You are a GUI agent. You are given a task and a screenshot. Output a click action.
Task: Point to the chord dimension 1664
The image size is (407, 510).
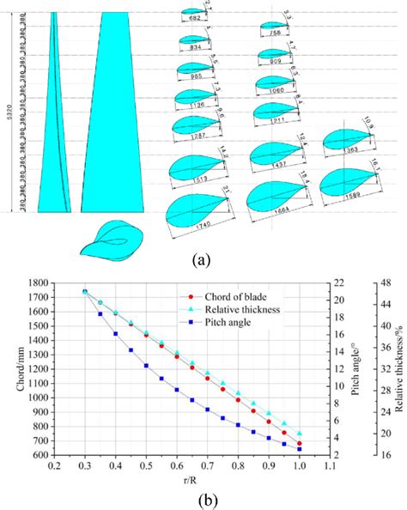[273, 207]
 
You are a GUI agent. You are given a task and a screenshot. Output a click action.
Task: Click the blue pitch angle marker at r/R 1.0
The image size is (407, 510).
[300, 448]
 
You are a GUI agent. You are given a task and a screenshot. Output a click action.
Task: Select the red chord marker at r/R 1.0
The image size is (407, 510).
[300, 443]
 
